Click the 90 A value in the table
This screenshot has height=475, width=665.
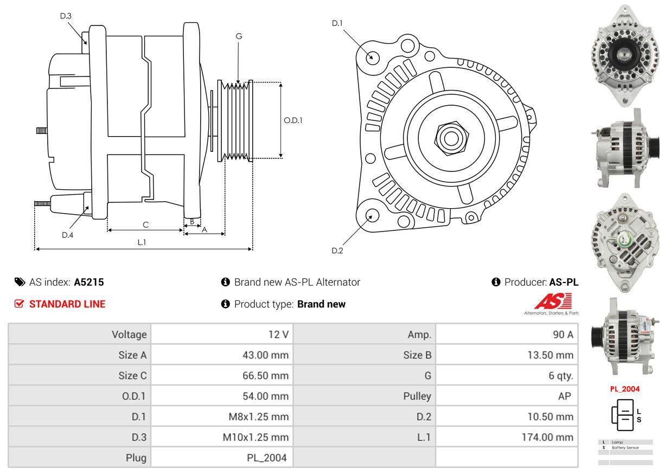click(562, 335)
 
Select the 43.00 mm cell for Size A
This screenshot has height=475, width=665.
click(265, 355)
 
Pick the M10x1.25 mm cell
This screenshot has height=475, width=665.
click(255, 437)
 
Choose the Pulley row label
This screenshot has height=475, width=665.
click(417, 396)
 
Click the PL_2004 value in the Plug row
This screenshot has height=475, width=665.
click(267, 458)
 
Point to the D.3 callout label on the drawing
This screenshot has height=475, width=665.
click(66, 16)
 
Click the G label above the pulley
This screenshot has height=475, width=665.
click(239, 36)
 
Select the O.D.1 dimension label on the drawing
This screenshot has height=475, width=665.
click(293, 120)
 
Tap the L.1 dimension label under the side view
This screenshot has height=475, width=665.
click(142, 242)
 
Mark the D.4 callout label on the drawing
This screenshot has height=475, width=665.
click(67, 235)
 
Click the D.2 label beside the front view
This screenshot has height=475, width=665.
click(337, 251)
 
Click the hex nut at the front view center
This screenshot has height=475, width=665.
click(449, 138)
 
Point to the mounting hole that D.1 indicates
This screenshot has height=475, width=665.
click(372, 56)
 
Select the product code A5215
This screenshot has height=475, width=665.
click(89, 282)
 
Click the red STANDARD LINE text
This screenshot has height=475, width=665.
click(67, 304)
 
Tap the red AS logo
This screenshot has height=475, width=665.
click(553, 301)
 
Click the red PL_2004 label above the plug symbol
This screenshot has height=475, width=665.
click(624, 389)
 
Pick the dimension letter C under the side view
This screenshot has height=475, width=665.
click(145, 224)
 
